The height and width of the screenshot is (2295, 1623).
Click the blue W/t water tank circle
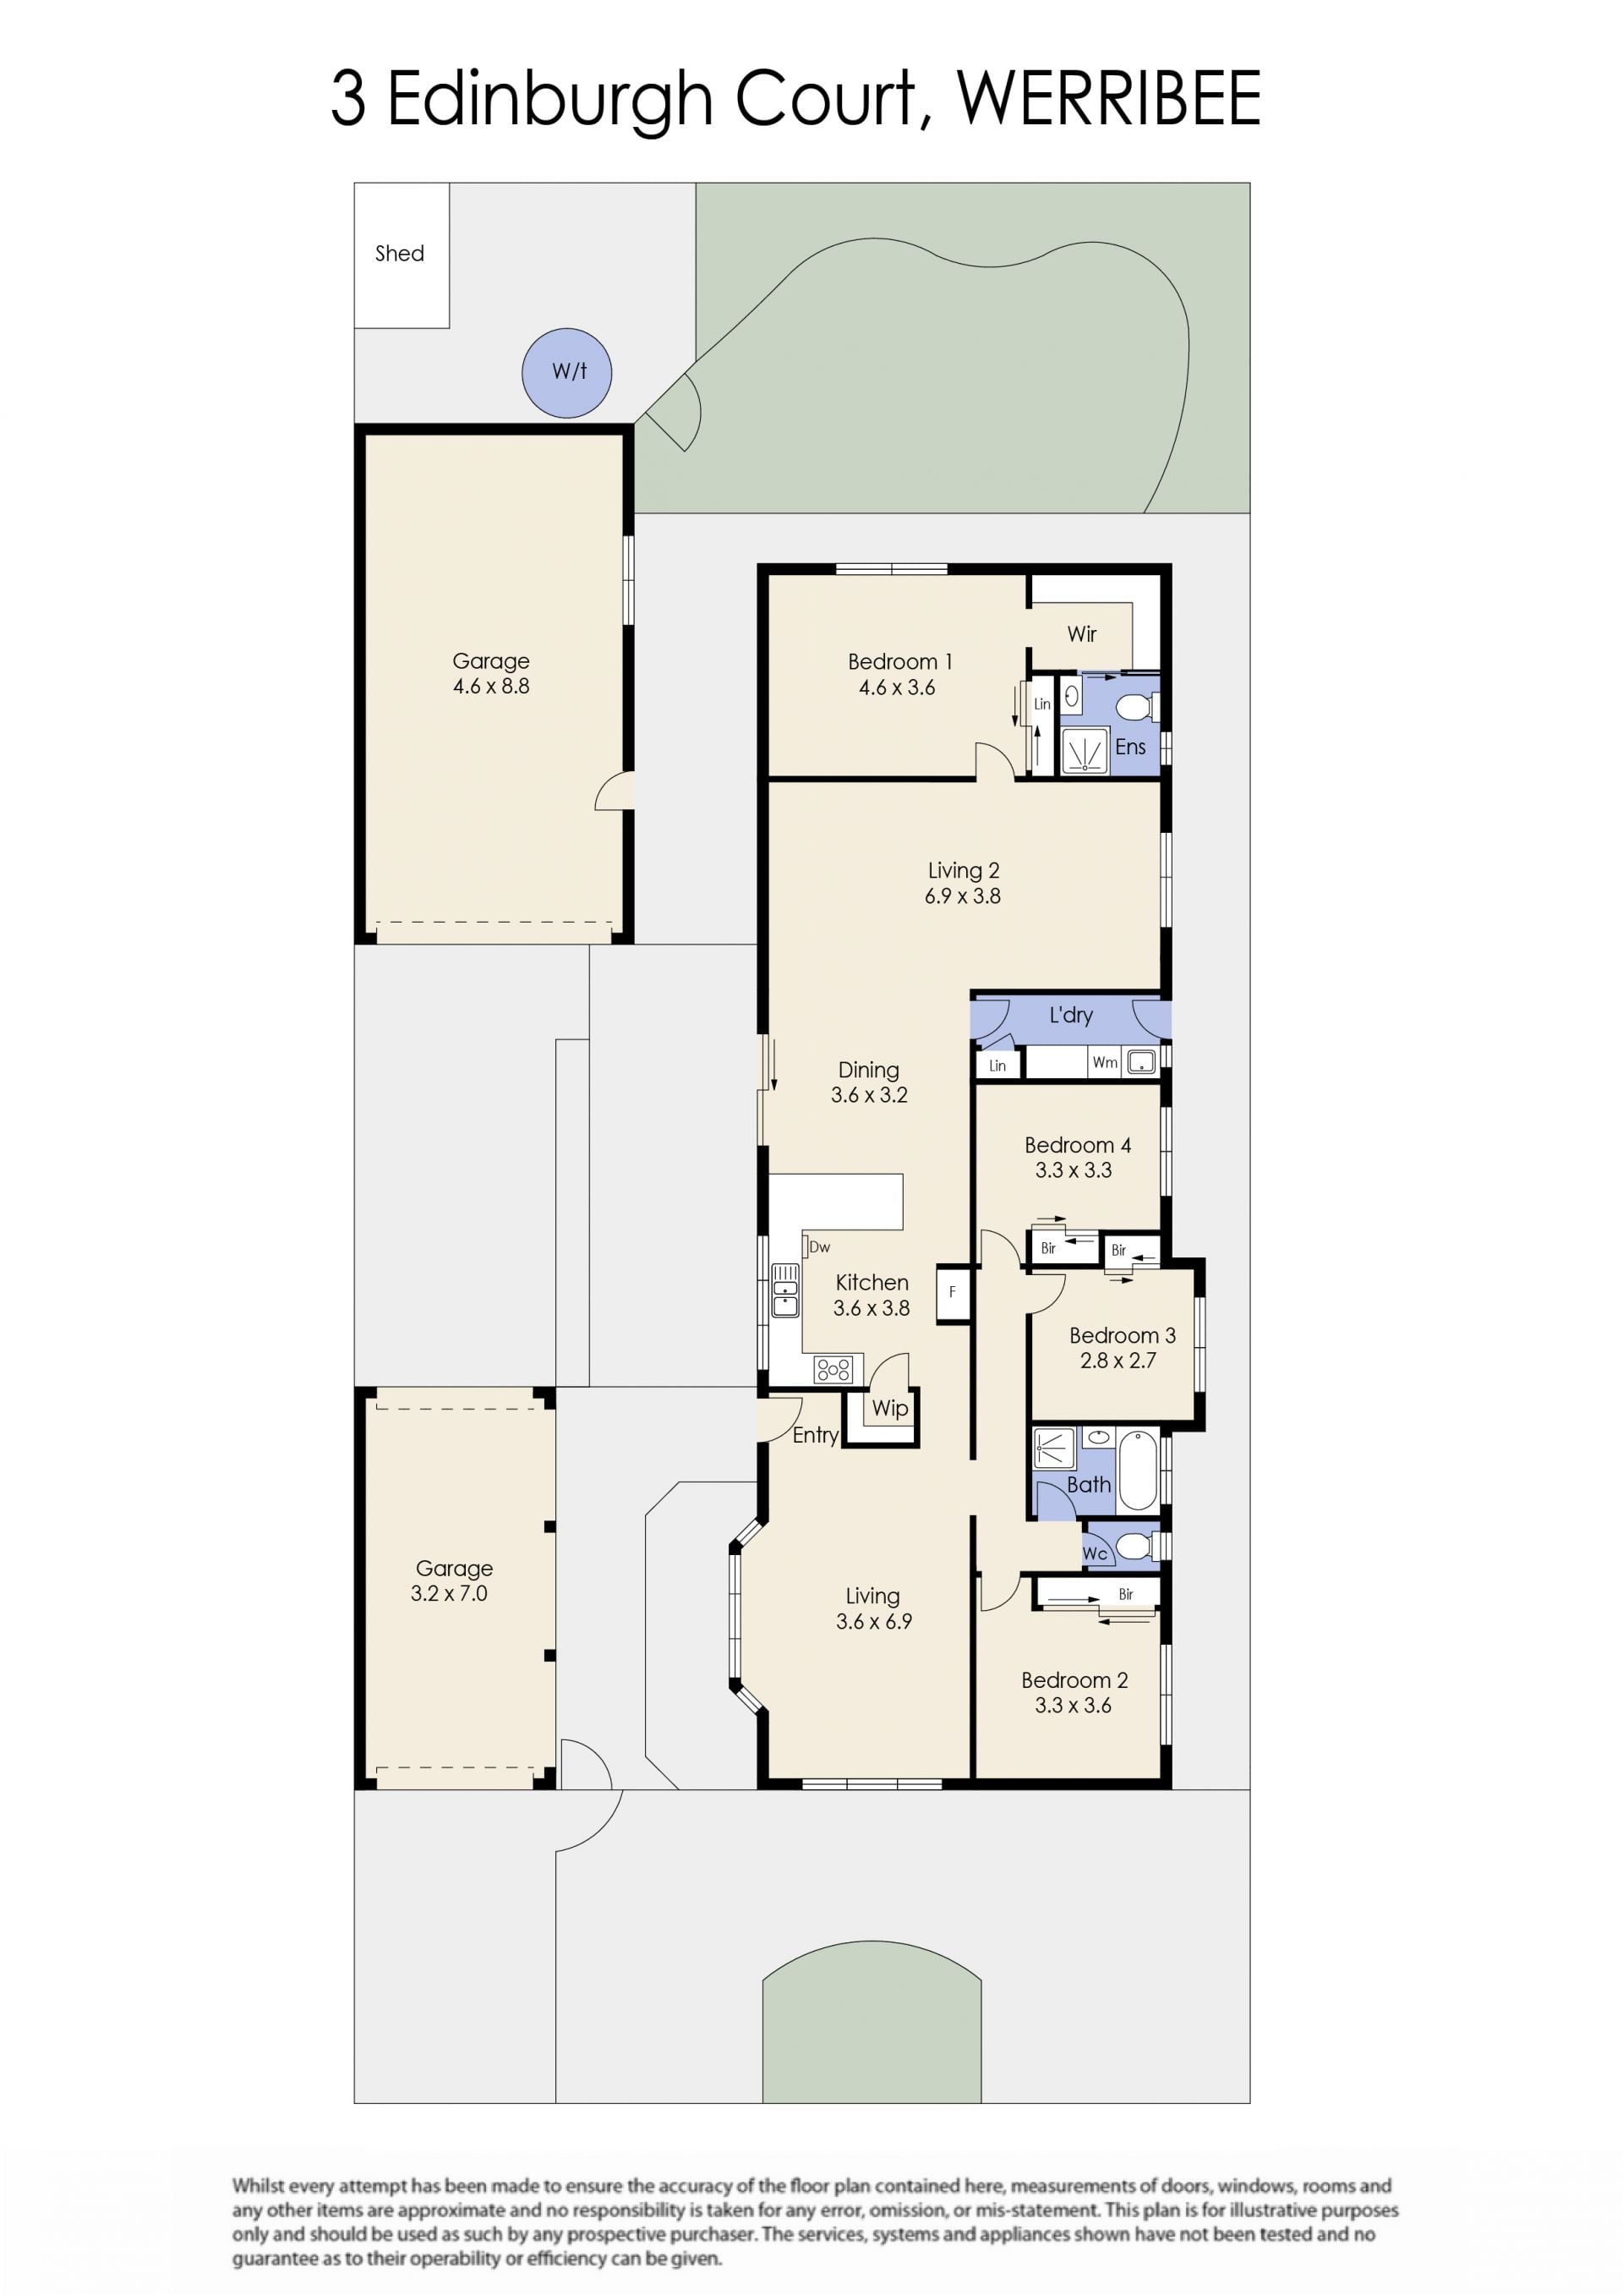tap(566, 373)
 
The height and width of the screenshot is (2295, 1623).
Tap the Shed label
tap(400, 254)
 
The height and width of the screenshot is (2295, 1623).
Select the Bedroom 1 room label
tap(899, 662)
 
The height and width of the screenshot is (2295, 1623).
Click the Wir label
tap(1081, 633)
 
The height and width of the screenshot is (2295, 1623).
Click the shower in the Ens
tap(1085, 751)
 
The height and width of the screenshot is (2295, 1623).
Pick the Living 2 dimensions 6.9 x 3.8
tap(963, 896)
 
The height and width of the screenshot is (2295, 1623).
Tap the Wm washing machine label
tap(1104, 1063)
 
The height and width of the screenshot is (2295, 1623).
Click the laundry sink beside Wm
tap(1141, 1061)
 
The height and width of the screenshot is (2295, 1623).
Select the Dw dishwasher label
tap(819, 1246)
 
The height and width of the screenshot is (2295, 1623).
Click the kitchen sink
tap(785, 1290)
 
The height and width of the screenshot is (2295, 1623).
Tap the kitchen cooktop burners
tap(833, 1368)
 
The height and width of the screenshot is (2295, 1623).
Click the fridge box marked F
tap(953, 1292)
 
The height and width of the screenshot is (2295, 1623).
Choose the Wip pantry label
tap(889, 1409)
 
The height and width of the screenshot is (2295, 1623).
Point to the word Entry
tap(815, 1435)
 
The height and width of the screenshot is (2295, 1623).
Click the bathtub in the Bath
tap(1139, 1471)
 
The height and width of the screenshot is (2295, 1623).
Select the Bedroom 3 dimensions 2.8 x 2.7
tap(1118, 1361)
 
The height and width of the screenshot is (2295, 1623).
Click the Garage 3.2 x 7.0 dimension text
tap(449, 1593)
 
